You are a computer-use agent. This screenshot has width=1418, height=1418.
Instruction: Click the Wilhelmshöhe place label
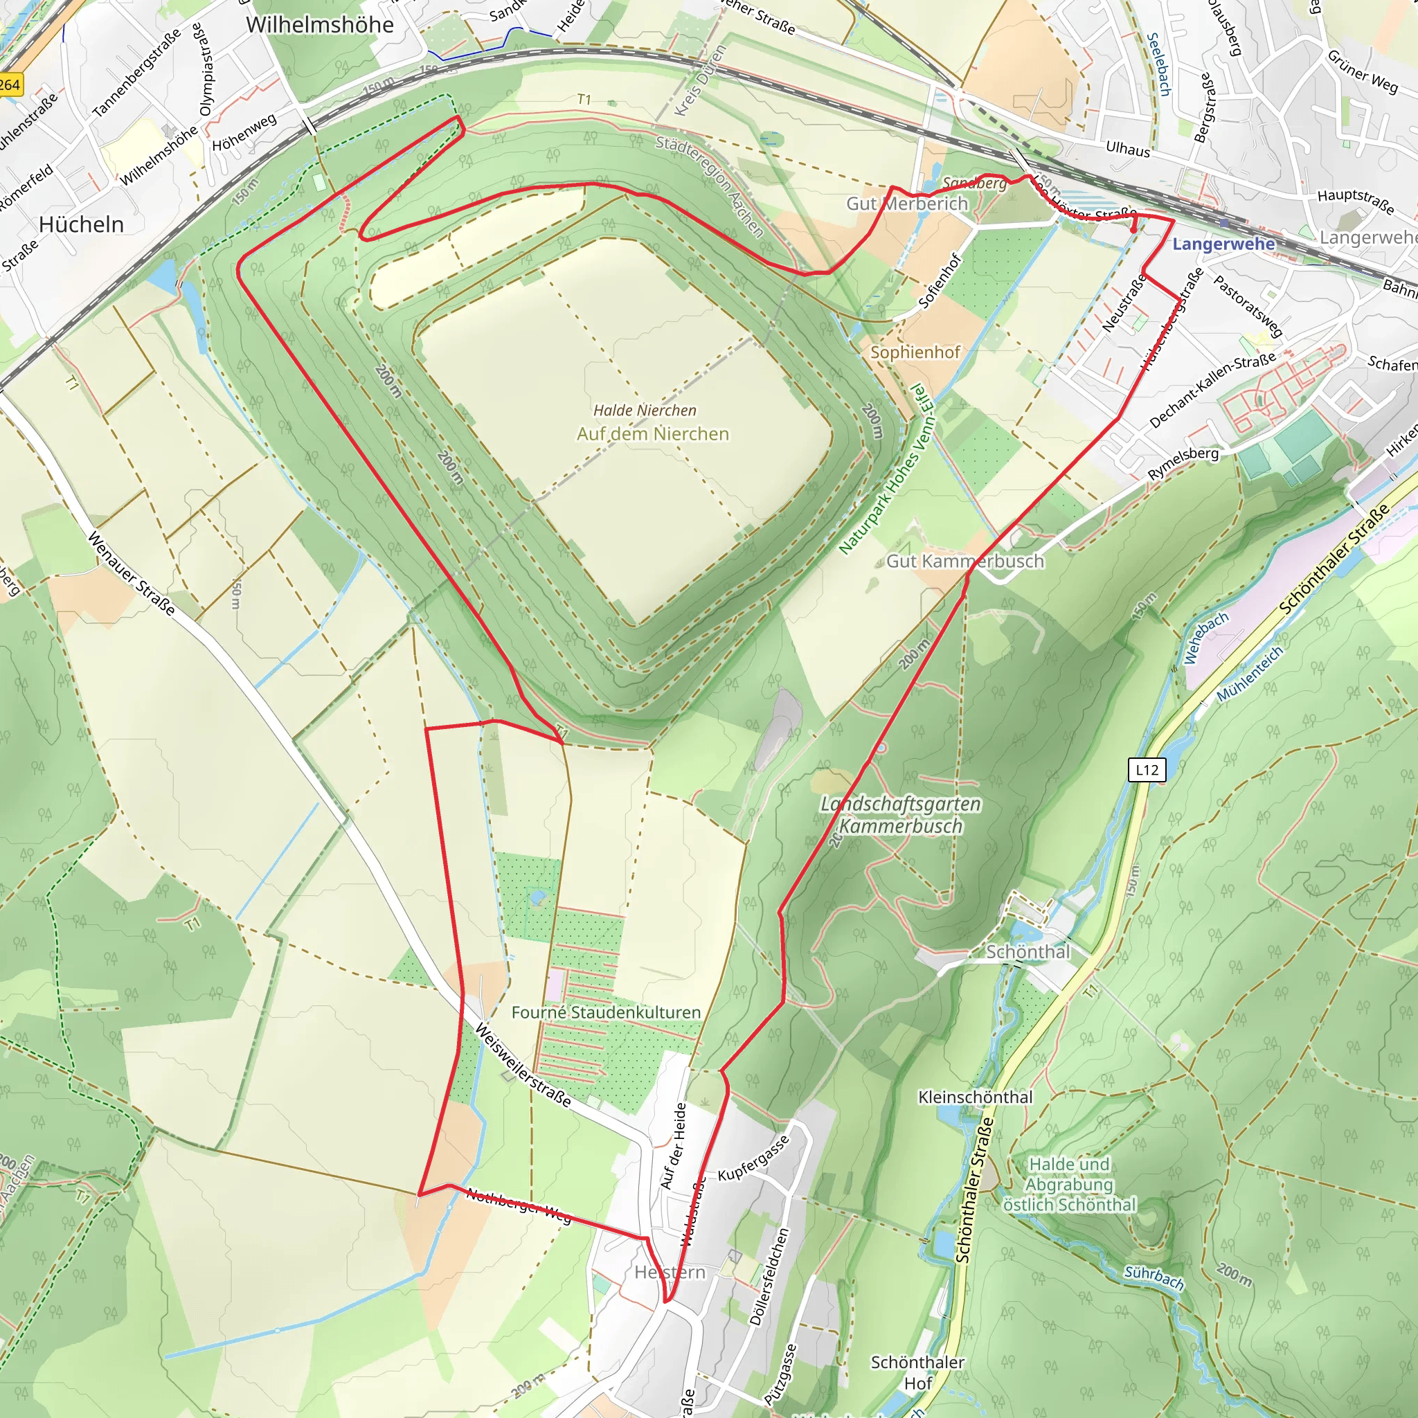pyautogui.click(x=319, y=25)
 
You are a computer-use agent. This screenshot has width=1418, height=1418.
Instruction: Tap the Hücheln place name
pyautogui.click(x=82, y=224)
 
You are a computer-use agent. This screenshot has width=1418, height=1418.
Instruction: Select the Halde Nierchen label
pyautogui.click(x=645, y=411)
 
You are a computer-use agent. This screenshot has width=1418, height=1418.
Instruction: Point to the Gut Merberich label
pyautogui.click(x=907, y=204)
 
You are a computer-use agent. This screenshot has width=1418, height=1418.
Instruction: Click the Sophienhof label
pyautogui.click(x=915, y=352)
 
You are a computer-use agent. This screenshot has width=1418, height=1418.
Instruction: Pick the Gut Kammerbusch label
pyautogui.click(x=964, y=562)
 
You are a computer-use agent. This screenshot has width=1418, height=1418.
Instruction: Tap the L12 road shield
pyautogui.click(x=1147, y=770)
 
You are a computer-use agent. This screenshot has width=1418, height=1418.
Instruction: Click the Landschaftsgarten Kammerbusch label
pyautogui.click(x=901, y=815)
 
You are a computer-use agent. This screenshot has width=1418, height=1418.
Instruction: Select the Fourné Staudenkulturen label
pyautogui.click(x=606, y=1013)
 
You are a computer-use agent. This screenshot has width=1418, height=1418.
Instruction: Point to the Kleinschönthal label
pyautogui.click(x=976, y=1097)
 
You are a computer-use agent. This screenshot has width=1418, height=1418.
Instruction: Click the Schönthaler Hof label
pyautogui.click(x=917, y=1372)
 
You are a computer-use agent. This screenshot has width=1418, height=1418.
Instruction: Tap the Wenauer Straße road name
pyautogui.click(x=132, y=574)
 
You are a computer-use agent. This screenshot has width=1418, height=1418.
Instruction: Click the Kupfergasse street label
pyautogui.click(x=754, y=1158)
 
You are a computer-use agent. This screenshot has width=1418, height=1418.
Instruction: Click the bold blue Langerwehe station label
pyautogui.click(x=1223, y=244)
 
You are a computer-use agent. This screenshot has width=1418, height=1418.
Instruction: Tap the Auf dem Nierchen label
pyautogui.click(x=652, y=433)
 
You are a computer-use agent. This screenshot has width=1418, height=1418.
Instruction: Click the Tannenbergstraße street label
pyautogui.click(x=137, y=74)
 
